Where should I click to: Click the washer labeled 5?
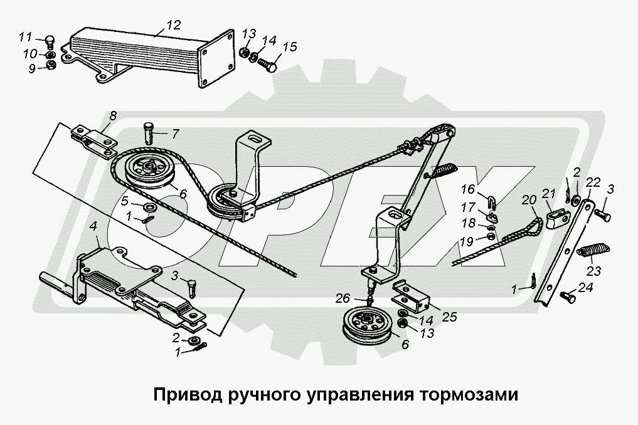[x=150, y=207]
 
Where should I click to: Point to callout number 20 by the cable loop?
[x=529, y=200]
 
